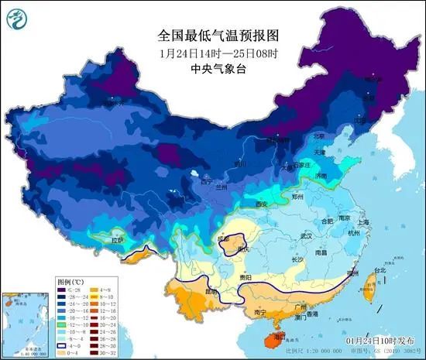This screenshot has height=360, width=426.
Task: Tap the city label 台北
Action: (380, 271)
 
